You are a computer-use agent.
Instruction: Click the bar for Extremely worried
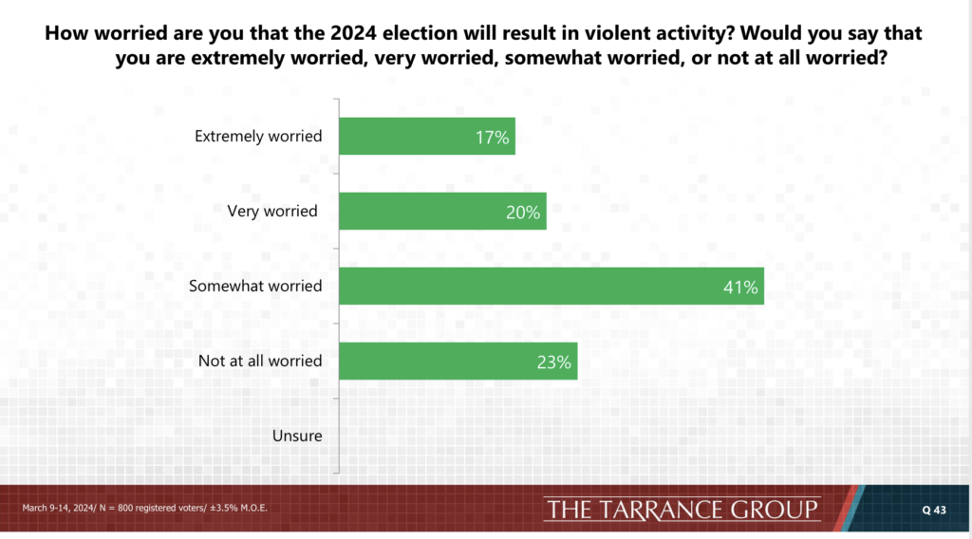427,136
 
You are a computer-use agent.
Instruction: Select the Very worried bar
442,211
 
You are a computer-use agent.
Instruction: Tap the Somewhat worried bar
551,286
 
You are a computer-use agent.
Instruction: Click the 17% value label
493,138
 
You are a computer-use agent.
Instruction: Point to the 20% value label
523,213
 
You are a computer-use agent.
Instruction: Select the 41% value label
740,288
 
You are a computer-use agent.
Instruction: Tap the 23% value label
554,362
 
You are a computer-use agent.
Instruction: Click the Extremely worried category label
258,136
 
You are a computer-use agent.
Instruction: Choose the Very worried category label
272,211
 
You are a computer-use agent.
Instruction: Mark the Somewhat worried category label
255,286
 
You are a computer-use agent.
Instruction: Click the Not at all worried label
260,361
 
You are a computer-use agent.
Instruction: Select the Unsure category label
297,436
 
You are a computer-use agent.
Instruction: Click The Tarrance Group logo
682,510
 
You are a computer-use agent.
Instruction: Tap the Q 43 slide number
934,510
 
